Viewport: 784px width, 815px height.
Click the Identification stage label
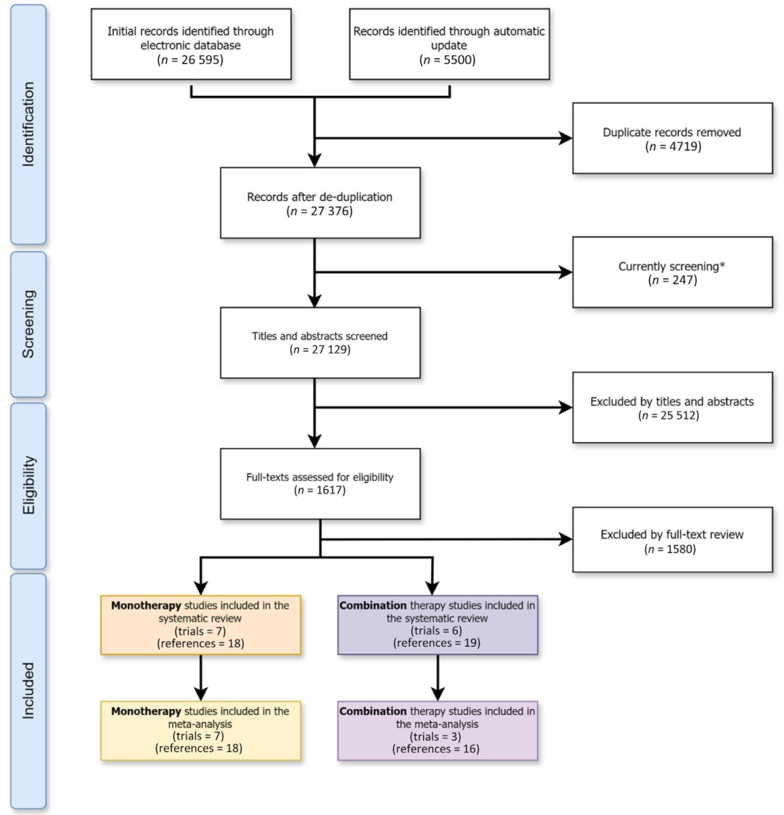coord(28,124)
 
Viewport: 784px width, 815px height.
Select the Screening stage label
coord(28,324)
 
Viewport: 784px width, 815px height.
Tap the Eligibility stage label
coord(28,486)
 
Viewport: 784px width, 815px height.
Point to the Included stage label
coord(28,689)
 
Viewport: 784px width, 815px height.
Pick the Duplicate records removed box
coord(672,138)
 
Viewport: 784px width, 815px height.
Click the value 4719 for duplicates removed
coord(680,146)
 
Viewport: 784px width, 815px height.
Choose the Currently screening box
coord(672,272)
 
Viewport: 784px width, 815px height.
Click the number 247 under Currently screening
coord(680,280)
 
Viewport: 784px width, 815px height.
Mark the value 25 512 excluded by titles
coord(680,416)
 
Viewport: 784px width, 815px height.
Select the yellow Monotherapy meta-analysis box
coord(200,729)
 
